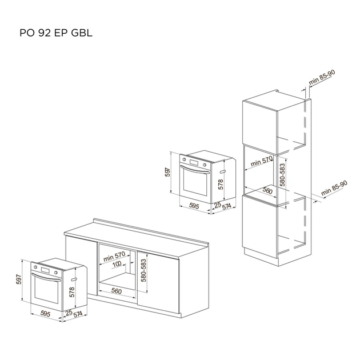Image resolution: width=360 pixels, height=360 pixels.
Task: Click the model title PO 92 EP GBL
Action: tap(56, 33)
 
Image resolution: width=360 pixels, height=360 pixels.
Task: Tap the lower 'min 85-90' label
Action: tap(334, 188)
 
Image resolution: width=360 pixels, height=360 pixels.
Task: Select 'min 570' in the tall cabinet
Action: tap(261, 161)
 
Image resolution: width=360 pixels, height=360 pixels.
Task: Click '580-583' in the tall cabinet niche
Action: tap(282, 175)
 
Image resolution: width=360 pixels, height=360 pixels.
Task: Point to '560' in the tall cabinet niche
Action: tap(267, 190)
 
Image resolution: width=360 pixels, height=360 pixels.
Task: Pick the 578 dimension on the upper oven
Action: tap(221, 185)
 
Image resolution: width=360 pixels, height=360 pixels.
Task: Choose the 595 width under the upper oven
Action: tap(194, 206)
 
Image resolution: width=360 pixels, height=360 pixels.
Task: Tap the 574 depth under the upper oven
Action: tap(226, 206)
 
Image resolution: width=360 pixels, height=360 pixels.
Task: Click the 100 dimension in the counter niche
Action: tap(117, 265)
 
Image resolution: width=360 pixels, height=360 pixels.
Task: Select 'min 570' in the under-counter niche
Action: tap(114, 256)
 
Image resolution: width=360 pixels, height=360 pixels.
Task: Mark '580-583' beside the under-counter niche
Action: tap(143, 270)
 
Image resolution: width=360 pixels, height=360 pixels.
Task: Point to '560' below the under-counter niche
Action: tap(117, 291)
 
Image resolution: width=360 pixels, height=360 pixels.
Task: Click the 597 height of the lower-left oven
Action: tap(19, 279)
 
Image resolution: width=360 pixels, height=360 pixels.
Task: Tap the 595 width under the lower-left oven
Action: tap(45, 314)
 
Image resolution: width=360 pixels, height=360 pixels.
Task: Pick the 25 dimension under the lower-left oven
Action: tap(69, 313)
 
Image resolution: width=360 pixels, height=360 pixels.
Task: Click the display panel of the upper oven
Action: tap(194, 162)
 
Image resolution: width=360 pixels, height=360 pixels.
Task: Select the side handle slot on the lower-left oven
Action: tap(74, 279)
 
